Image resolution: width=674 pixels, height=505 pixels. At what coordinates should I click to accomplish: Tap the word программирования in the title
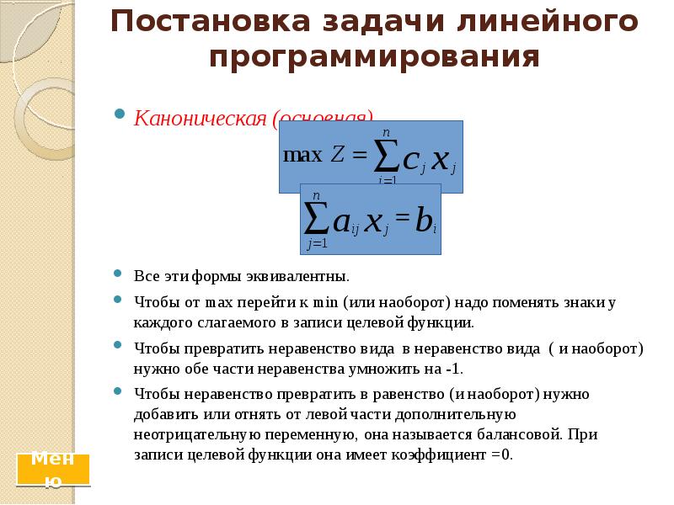(x=374, y=56)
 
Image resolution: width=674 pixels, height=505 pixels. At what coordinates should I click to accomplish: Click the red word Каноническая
(x=201, y=117)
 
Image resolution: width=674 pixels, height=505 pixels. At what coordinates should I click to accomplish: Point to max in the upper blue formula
(x=302, y=155)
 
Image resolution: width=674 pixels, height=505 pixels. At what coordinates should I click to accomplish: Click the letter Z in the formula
(x=338, y=156)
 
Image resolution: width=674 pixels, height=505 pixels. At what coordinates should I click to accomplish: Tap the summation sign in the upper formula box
(x=386, y=155)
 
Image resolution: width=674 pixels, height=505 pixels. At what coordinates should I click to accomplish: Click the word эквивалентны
(x=293, y=276)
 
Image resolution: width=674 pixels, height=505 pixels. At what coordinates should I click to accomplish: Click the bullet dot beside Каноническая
(x=120, y=114)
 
